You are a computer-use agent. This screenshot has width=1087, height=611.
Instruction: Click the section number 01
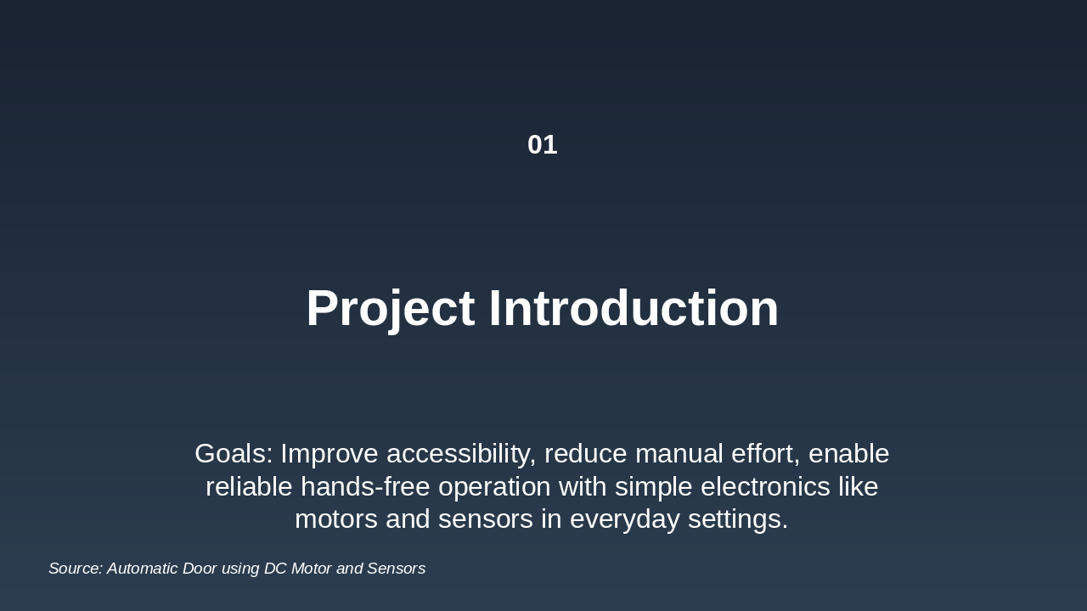click(542, 145)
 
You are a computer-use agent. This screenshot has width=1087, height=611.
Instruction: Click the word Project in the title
click(390, 308)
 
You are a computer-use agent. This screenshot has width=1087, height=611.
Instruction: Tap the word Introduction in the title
click(634, 308)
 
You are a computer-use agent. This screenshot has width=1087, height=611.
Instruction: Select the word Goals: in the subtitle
click(234, 454)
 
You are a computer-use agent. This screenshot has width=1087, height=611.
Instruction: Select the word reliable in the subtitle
click(249, 487)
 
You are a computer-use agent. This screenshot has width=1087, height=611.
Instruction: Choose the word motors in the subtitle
click(335, 519)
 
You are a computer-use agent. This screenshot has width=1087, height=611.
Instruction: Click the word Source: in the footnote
click(75, 569)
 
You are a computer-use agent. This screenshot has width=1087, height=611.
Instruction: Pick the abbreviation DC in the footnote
click(275, 569)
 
